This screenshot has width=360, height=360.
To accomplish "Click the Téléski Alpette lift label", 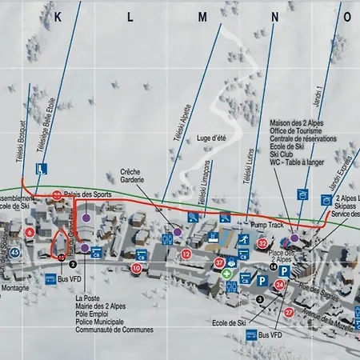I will pos(189,128).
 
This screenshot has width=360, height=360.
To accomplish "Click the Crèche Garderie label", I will pos(132,176).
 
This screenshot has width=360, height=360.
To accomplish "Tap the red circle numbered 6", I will pos(30,232).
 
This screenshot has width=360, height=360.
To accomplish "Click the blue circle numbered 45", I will pos(15,254).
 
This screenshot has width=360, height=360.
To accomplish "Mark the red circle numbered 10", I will pos(137,268).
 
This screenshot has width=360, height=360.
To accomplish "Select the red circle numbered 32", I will pos(262,243).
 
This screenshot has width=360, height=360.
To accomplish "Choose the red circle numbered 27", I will pos(289,313).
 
